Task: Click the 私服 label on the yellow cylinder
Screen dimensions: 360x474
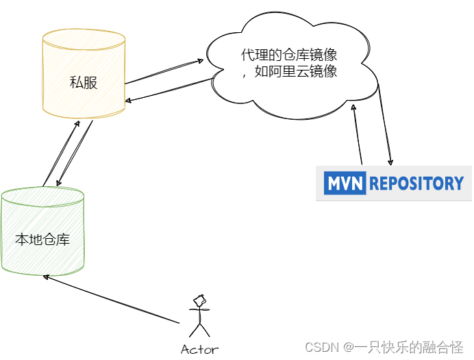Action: [x=83, y=83]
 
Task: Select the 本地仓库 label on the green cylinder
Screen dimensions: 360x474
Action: [x=42, y=240]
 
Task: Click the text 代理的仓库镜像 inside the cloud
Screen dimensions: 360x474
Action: [x=289, y=55]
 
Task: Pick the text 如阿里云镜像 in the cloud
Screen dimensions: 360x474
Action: [x=296, y=72]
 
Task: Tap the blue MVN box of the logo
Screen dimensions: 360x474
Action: [x=345, y=183]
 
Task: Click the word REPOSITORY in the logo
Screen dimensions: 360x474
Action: [x=417, y=183]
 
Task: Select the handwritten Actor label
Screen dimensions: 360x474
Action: [x=199, y=350]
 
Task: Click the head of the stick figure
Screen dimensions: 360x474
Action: [x=200, y=300]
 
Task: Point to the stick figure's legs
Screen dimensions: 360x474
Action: [x=199, y=326]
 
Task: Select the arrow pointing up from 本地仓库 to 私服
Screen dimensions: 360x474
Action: [x=60, y=153]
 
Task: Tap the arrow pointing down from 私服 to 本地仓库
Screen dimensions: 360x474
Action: [x=75, y=155]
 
